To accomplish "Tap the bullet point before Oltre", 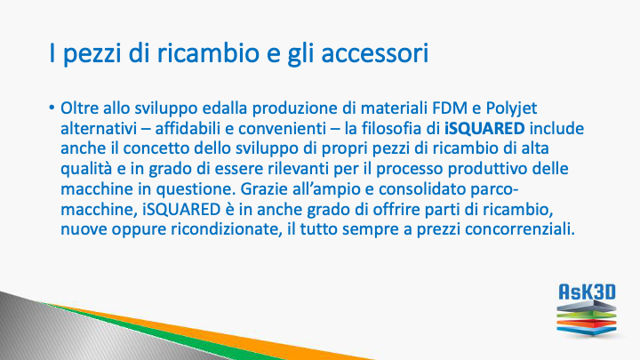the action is [x=52, y=108].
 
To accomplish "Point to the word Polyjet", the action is [x=511, y=109].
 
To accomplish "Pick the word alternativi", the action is [x=99, y=129].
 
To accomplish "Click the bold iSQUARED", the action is [x=484, y=129].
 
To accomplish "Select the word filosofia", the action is [x=393, y=129].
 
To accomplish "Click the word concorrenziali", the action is [x=520, y=229].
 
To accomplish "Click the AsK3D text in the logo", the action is [x=587, y=292].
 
